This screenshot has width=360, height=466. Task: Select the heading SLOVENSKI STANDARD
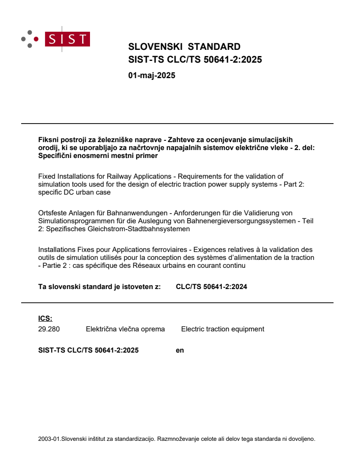point(184,47)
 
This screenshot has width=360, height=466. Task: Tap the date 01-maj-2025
point(151,75)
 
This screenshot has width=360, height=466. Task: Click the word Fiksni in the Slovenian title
point(47,139)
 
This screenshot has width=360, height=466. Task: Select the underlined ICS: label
point(45,318)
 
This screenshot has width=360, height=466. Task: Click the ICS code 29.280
point(49,329)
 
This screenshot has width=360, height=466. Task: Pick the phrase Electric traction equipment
point(222,329)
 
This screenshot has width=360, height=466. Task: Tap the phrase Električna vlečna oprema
point(125,329)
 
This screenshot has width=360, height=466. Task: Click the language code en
point(180,350)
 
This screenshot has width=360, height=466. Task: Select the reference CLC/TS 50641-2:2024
point(211,287)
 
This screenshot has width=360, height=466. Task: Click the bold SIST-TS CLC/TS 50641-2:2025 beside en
point(88,350)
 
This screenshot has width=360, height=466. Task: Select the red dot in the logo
point(36,39)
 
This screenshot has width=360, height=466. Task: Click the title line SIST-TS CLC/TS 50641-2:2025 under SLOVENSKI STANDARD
point(195,60)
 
